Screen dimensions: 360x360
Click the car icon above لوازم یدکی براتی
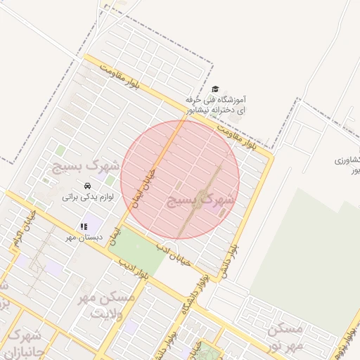[86, 186]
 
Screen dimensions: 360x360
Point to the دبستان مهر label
[84, 238]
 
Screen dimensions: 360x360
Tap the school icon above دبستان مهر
[83, 226]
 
